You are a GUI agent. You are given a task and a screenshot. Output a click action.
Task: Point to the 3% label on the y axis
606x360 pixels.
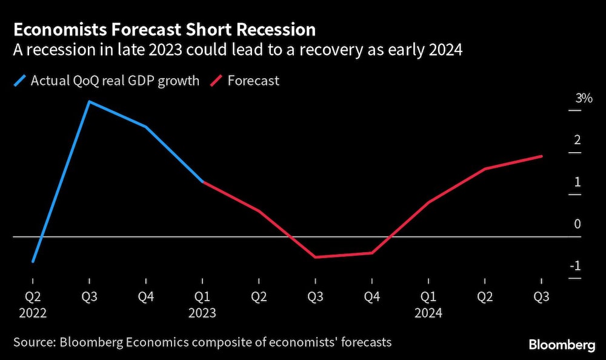(584, 98)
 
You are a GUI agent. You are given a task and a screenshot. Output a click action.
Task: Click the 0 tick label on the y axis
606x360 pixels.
(578, 224)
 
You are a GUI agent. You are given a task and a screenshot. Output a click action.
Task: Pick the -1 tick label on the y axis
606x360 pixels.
(576, 267)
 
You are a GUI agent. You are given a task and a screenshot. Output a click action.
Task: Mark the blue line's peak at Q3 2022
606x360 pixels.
(89, 101)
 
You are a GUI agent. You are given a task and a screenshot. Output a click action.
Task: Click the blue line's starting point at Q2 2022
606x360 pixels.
(32, 262)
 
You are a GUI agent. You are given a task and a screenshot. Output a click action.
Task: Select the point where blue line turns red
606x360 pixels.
(202, 182)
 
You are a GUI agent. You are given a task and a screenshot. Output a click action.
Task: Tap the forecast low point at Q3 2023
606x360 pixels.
(315, 258)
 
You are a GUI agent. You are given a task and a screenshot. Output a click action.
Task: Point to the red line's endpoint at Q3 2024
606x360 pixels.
(542, 156)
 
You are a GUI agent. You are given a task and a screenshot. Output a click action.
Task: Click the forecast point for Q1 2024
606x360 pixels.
(428, 202)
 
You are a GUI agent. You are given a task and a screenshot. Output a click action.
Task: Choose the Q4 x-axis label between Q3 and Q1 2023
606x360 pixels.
(145, 298)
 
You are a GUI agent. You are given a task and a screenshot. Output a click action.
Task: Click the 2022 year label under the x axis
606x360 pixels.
(32, 313)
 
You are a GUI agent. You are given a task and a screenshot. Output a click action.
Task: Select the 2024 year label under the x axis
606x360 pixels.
(428, 313)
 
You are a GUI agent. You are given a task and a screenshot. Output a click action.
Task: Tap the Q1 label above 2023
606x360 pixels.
(202, 298)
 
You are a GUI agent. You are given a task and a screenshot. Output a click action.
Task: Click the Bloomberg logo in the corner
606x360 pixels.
(562, 345)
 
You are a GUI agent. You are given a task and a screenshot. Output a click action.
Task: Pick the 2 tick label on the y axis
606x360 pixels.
(578, 140)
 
